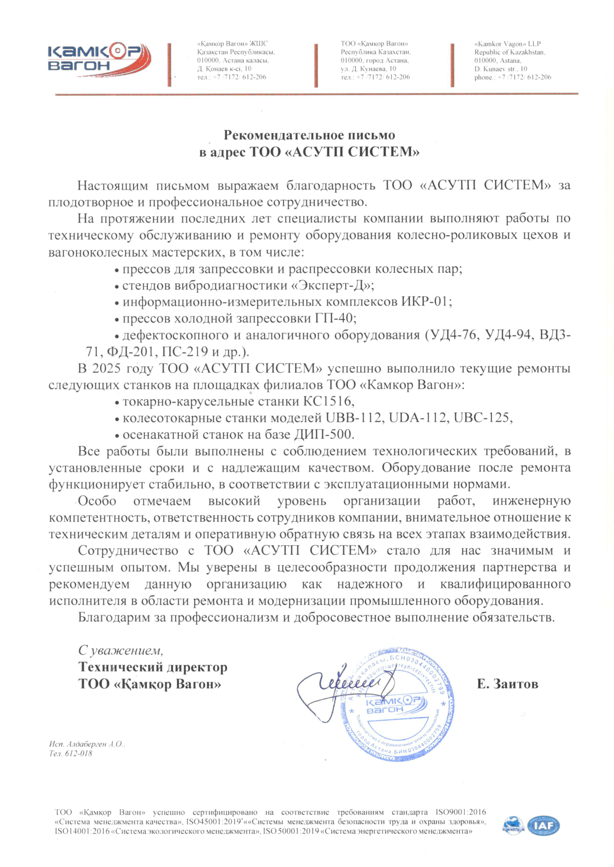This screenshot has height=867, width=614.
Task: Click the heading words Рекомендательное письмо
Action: pyautogui.click(x=309, y=135)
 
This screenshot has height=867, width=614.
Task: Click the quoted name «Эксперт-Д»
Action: pyautogui.click(x=332, y=286)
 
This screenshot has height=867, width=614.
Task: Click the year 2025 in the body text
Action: pyautogui.click(x=106, y=369)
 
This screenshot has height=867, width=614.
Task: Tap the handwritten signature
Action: pyautogui.click(x=341, y=685)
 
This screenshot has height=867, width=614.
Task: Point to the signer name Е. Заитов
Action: pyautogui.click(x=507, y=684)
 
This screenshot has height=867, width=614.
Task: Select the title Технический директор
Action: pyautogui.click(x=153, y=667)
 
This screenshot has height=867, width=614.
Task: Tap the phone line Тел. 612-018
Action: pyautogui.click(x=71, y=754)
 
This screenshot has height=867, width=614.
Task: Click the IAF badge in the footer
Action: pyautogui.click(x=543, y=826)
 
